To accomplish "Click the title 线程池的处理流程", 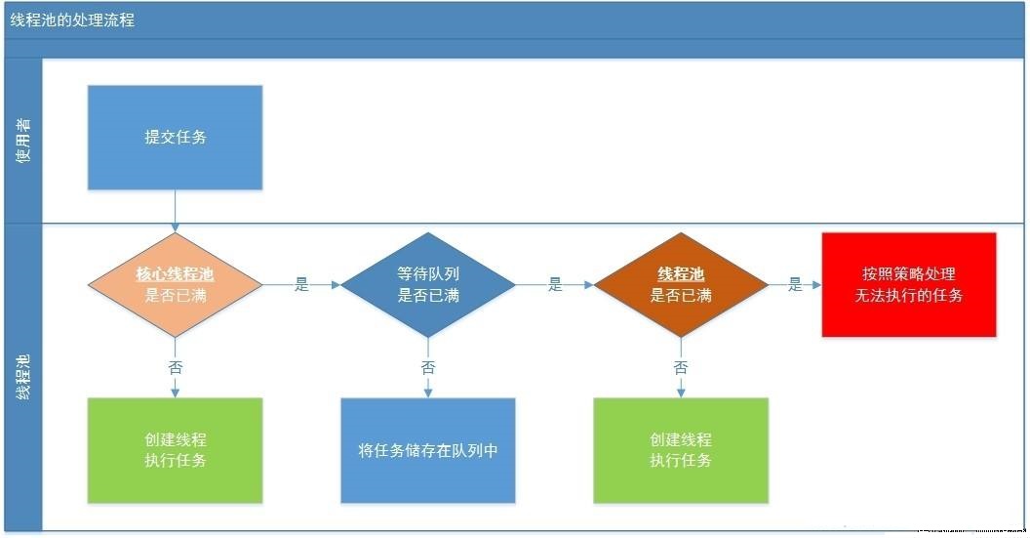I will pos(72,20).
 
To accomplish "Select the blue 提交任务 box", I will pos(176,138).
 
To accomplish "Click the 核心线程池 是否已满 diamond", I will pos(176,285).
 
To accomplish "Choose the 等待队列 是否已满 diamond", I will pos(428,285).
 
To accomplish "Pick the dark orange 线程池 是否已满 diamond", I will pos(681,285).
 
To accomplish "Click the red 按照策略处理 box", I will pos(909,284).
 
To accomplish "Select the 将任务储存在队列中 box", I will pos(428,450).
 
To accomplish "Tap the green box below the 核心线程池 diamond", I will pos(176,450).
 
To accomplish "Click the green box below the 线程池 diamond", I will pos(681,450).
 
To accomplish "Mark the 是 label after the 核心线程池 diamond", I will pos(301,285).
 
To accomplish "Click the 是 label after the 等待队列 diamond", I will pos(555,285).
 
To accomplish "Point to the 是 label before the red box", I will pos(796,285).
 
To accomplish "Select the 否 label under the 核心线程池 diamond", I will pos(176,368).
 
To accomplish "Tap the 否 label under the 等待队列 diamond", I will pos(428,368).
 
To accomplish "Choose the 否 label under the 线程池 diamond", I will pos(681,368).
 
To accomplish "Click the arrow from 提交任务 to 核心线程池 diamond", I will pos(176,211).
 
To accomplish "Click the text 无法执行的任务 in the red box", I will pos(909,295).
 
